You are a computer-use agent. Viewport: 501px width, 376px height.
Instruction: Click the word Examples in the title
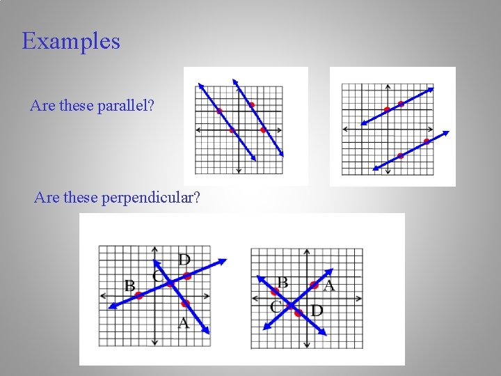[x=71, y=41]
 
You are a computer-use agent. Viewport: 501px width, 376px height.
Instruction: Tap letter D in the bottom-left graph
[x=184, y=260]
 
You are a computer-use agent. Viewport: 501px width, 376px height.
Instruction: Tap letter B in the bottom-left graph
[x=129, y=285]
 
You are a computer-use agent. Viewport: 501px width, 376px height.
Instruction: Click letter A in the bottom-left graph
[x=184, y=322]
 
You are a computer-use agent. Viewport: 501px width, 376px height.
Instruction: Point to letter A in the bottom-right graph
[x=329, y=285]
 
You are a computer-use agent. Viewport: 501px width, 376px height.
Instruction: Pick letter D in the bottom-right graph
[x=317, y=310]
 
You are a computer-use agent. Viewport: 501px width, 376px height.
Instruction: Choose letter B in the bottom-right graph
[x=283, y=282]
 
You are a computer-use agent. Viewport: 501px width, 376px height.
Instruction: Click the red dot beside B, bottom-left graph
[x=138, y=296]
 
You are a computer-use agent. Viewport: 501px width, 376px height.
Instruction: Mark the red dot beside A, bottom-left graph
[x=185, y=304]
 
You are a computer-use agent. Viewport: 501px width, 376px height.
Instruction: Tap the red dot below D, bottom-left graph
[x=187, y=276]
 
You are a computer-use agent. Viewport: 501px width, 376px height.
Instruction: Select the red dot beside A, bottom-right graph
[x=315, y=285]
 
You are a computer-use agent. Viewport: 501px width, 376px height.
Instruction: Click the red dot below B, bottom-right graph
[x=275, y=291]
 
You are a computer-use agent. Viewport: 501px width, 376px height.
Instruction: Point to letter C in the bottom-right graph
[x=276, y=306]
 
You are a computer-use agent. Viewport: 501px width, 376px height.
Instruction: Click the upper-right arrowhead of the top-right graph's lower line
[x=447, y=134]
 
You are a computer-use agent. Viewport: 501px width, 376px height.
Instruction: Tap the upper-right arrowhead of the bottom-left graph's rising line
[x=223, y=261]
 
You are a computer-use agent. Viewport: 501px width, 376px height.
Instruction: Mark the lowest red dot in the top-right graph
[x=400, y=156]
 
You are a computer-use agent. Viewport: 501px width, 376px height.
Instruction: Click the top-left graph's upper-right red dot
[x=252, y=105]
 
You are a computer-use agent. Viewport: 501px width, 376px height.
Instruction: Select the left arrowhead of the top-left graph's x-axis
[x=198, y=130]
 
